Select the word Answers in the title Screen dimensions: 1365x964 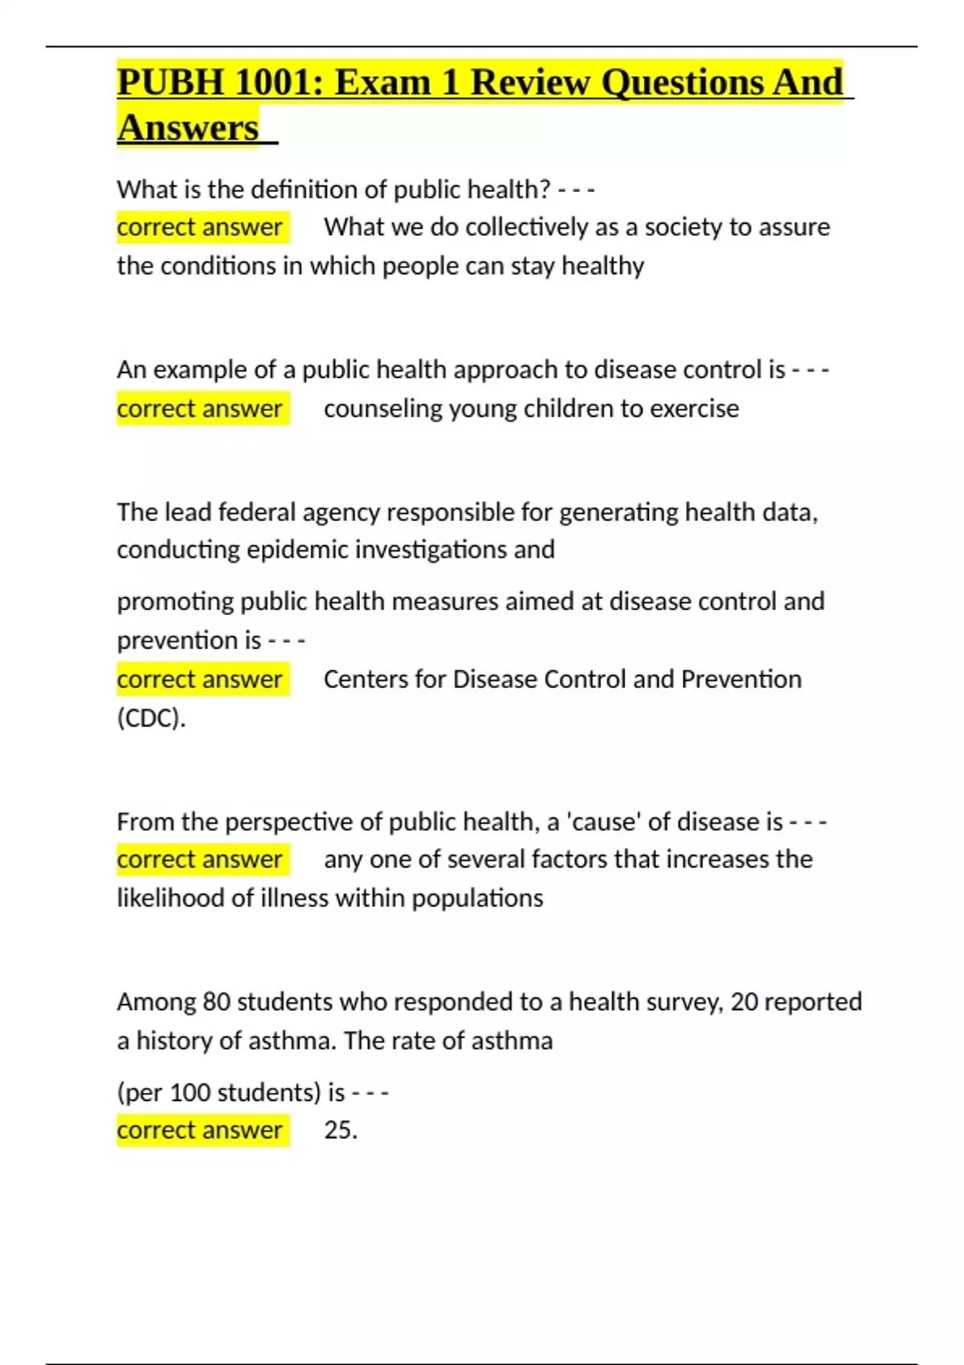tap(188, 128)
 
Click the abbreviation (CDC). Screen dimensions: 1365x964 tap(151, 718)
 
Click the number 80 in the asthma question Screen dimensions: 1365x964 tap(216, 1002)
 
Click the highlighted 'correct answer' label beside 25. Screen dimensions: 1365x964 tap(200, 1131)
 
